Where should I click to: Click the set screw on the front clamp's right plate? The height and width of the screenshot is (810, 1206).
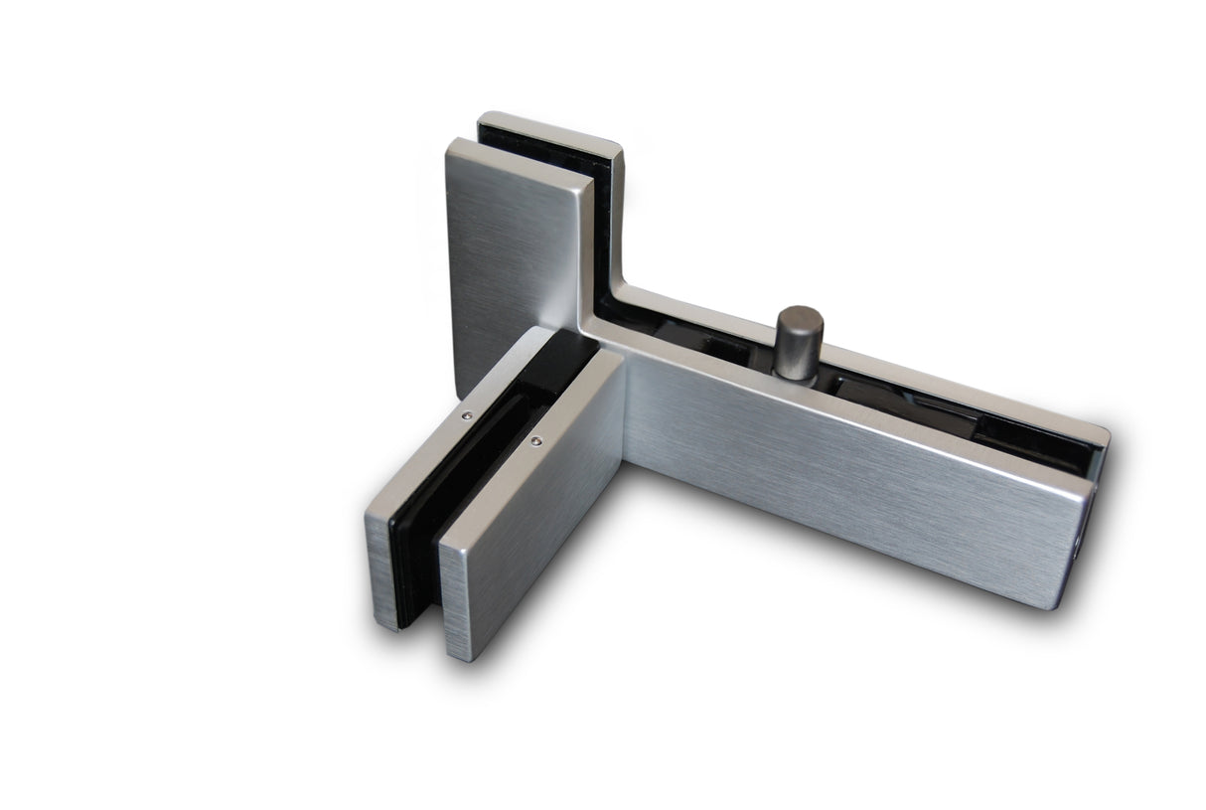click(536, 440)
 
